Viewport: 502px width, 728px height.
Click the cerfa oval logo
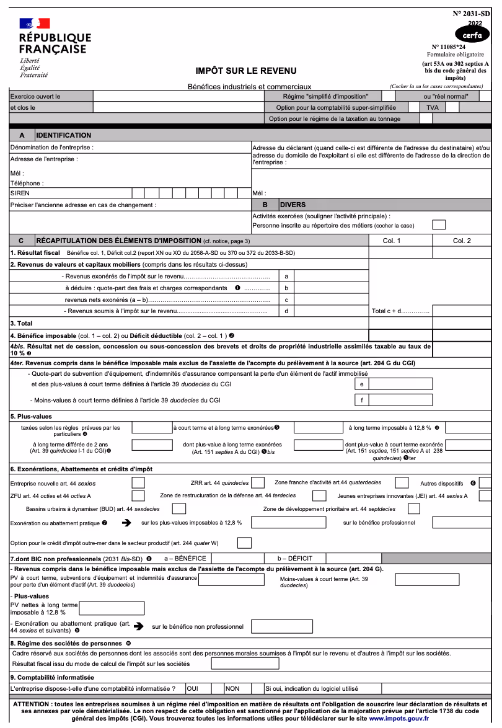(472, 35)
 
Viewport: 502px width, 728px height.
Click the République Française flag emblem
(34, 24)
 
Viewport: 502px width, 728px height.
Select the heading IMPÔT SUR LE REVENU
(246, 71)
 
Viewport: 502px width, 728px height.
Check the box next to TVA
(452, 107)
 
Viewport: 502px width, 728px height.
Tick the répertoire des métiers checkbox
(439, 225)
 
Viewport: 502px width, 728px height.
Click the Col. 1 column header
(392, 241)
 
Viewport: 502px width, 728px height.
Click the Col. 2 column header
(462, 241)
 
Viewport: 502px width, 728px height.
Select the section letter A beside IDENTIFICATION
(22, 135)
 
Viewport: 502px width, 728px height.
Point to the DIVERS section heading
(294, 205)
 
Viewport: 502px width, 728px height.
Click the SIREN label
(20, 193)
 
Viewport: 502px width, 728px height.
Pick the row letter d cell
(286, 311)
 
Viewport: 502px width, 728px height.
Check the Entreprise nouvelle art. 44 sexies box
(139, 482)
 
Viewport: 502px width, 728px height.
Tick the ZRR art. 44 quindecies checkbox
(258, 482)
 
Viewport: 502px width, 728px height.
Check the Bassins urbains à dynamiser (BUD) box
(179, 509)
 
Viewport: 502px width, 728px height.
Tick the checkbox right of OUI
(218, 688)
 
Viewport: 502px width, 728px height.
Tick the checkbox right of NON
(258, 688)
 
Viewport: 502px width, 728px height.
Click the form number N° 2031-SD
(472, 13)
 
